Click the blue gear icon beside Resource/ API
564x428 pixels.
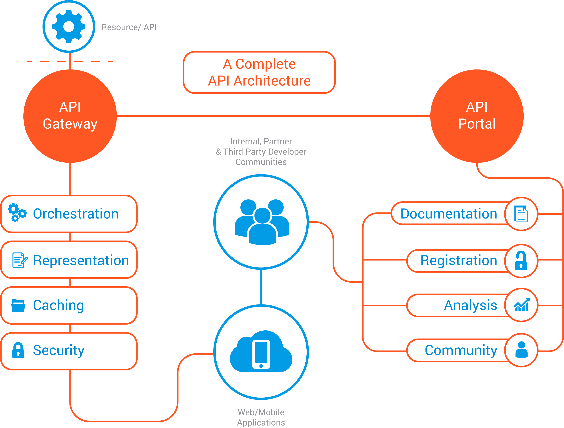pyautogui.click(x=69, y=27)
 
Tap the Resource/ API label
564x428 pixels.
pyautogui.click(x=129, y=27)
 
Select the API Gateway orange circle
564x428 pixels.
pyautogui.click(x=70, y=116)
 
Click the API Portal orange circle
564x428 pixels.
pyautogui.click(x=477, y=116)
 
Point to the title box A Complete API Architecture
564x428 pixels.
pyautogui.click(x=259, y=72)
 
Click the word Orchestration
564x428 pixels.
pyautogui.click(x=76, y=214)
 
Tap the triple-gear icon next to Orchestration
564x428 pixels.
pyautogui.click(x=17, y=213)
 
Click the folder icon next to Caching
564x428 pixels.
pyautogui.click(x=18, y=305)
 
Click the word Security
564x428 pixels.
pyautogui.click(x=59, y=350)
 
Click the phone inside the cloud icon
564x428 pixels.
pyautogui.click(x=261, y=354)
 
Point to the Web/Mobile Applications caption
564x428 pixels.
pyautogui.click(x=261, y=417)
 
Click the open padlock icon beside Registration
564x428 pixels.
pyautogui.click(x=521, y=261)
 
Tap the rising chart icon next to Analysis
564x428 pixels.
pyautogui.click(x=522, y=305)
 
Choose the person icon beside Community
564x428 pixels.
pyautogui.click(x=522, y=350)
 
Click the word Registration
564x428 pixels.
pyautogui.click(x=459, y=261)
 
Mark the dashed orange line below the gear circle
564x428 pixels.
pyautogui.click(x=70, y=61)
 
